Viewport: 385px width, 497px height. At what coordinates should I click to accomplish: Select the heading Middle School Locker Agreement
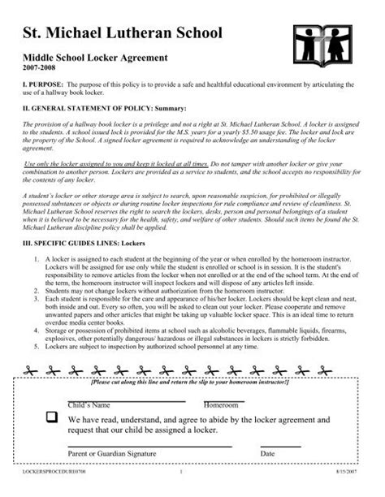pyautogui.click(x=94, y=58)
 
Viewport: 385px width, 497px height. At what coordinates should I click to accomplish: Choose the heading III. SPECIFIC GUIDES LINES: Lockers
pyautogui.click(x=99, y=244)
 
